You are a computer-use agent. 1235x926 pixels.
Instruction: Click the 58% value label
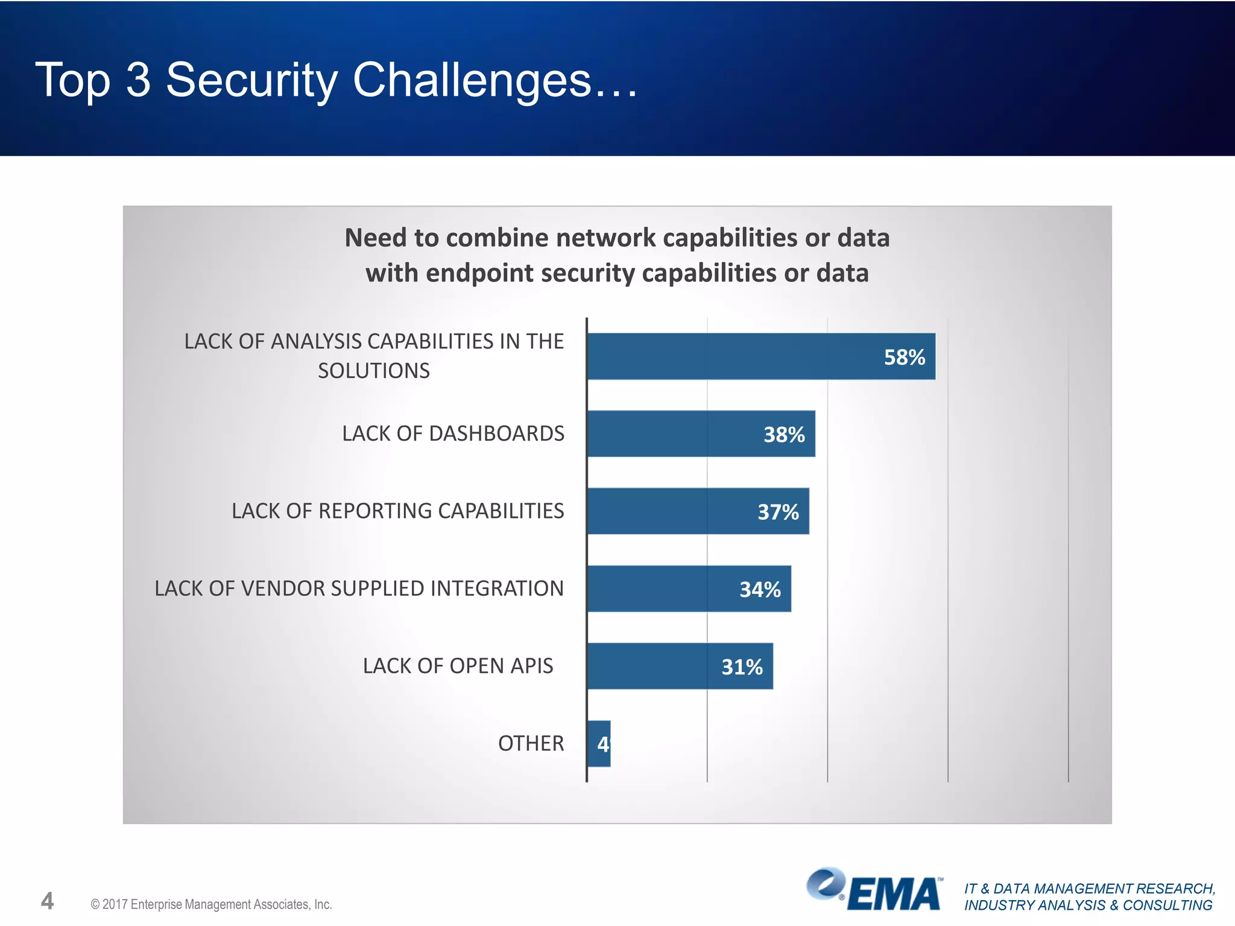(x=904, y=357)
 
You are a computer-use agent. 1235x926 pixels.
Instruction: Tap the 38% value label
(x=784, y=435)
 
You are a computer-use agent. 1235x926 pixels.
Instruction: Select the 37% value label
(x=778, y=512)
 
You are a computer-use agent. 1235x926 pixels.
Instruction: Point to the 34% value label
(x=760, y=590)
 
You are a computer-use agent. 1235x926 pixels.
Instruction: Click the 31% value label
(x=742, y=667)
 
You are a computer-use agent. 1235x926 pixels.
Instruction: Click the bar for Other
(x=599, y=744)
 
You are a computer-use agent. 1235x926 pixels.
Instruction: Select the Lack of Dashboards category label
(x=453, y=433)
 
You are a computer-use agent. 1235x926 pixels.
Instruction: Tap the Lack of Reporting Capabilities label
(x=397, y=511)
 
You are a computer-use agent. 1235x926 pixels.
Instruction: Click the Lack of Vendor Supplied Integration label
(x=359, y=588)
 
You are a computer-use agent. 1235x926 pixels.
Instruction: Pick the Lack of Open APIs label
(x=458, y=666)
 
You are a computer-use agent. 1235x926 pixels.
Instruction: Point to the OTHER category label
(x=531, y=743)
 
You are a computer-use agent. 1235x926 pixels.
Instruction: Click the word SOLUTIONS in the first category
(x=374, y=371)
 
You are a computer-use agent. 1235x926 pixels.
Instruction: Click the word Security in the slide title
(x=251, y=80)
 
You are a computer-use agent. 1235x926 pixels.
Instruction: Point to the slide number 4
(x=47, y=901)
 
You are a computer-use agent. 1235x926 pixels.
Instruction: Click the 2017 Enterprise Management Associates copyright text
(x=211, y=904)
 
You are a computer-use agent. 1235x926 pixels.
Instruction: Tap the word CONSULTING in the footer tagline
(x=1167, y=906)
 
